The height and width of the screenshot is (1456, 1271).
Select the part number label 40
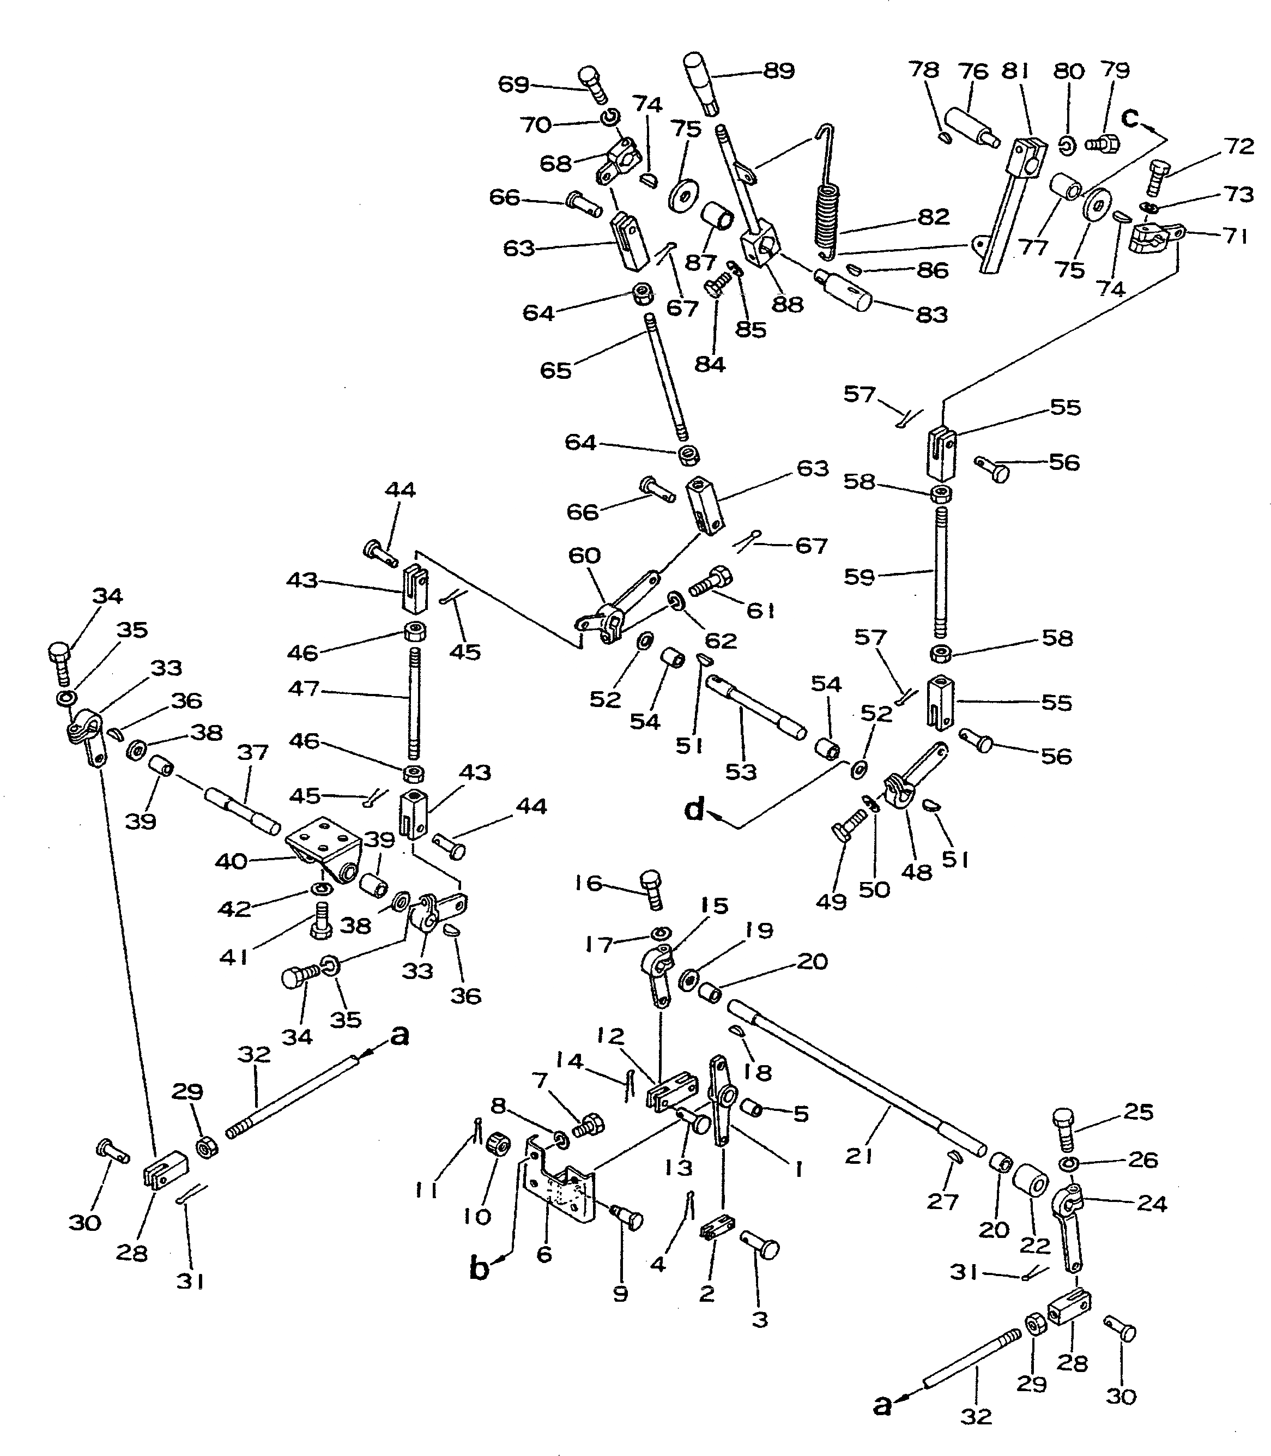[231, 862]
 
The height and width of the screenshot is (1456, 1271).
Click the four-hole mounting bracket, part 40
[323, 848]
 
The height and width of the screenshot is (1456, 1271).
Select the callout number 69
[513, 84]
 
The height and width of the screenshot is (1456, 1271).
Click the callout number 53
[741, 772]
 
